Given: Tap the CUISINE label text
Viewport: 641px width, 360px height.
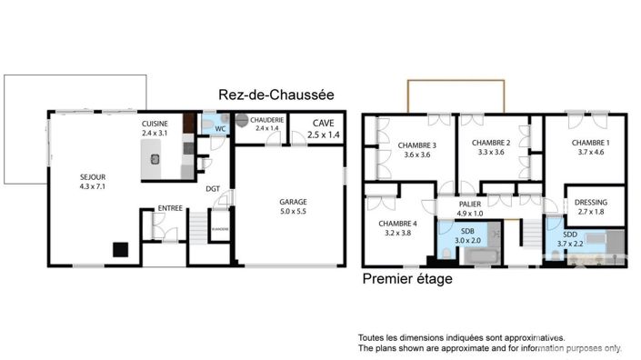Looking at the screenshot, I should point(155,123).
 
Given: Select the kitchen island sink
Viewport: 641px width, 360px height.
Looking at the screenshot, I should point(155,157).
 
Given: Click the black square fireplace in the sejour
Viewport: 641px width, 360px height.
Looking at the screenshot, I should point(119,247).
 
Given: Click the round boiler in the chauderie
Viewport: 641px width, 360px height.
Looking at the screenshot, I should point(242,119).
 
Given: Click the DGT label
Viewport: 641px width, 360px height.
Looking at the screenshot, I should point(212,189).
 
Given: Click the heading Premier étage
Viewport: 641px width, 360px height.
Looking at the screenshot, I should point(407,279).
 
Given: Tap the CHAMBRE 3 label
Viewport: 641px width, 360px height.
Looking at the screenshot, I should point(416,145).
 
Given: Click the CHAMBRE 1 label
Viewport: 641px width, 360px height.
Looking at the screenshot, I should point(590,143).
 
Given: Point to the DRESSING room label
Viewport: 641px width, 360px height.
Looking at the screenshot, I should point(592,202).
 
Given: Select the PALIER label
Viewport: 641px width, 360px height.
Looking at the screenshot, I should point(469,205).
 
